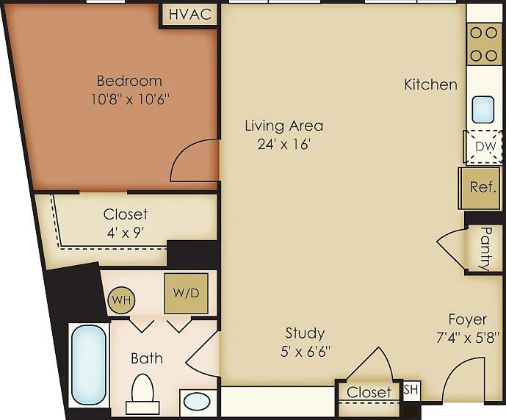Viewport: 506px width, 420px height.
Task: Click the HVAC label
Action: point(190,15)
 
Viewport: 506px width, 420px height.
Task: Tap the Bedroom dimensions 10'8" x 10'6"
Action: point(130,99)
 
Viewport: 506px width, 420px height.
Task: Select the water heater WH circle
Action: point(122,300)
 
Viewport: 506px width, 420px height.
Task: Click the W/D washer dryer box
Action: point(187,293)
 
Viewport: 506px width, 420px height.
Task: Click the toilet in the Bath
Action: point(142,394)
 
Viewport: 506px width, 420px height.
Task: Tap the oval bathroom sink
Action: point(197,402)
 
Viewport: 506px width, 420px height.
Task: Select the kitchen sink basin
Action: point(483,109)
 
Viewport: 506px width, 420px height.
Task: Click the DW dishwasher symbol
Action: point(483,147)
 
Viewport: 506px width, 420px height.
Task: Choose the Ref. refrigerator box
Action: point(480,188)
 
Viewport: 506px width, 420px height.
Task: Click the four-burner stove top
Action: point(483,44)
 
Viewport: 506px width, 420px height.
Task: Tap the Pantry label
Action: point(486,249)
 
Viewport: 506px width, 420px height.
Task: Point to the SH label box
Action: point(411,391)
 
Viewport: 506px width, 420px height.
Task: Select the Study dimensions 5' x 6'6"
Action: point(306,351)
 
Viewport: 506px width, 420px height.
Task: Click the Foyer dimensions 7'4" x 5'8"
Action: point(467,338)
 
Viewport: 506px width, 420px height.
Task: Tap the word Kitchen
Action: point(431,84)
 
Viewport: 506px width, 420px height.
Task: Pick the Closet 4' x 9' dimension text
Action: point(125,232)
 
